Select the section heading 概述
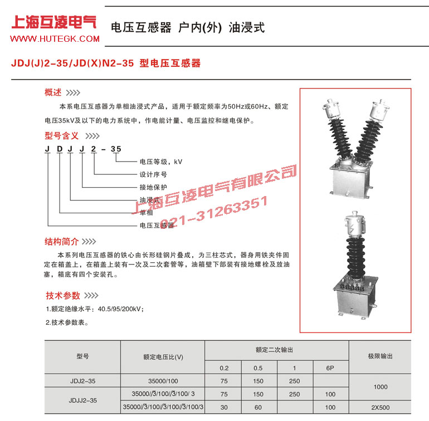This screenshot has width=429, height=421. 53,92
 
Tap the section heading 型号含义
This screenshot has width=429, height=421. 62,135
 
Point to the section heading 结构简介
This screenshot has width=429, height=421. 62,241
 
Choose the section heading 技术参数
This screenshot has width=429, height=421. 63,296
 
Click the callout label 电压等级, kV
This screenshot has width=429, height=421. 160,161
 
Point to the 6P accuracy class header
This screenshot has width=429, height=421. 329,368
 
